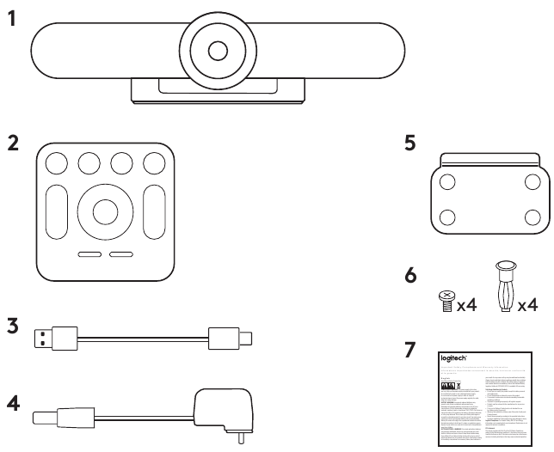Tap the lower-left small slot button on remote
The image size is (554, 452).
pos(89,255)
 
